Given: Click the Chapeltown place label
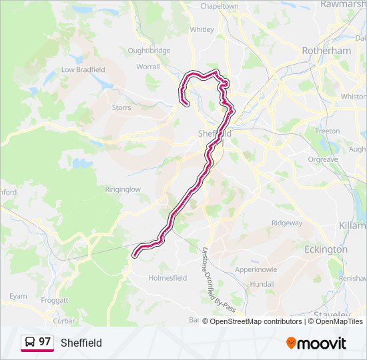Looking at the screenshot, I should pos(220,6).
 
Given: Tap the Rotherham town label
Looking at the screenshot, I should pos(326,51).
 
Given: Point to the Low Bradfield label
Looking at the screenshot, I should pos(83,69).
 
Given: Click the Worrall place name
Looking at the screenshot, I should pos(147,67).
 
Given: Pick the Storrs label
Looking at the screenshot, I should pos(121,107).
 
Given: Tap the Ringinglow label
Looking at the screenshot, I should pos(123,189).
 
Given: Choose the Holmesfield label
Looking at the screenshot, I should pos(167,278).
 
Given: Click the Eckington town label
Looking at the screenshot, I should pos(326,249).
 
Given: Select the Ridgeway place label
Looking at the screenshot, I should pos(287,223).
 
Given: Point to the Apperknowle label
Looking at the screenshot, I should pos(256,270).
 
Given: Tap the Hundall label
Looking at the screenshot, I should pos(262,284).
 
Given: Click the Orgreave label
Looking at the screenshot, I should pos(323,159).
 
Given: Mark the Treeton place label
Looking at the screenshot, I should pos(328,131).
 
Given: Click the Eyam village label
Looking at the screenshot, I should pos(18,296).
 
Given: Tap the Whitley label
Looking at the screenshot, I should pos(202,29).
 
